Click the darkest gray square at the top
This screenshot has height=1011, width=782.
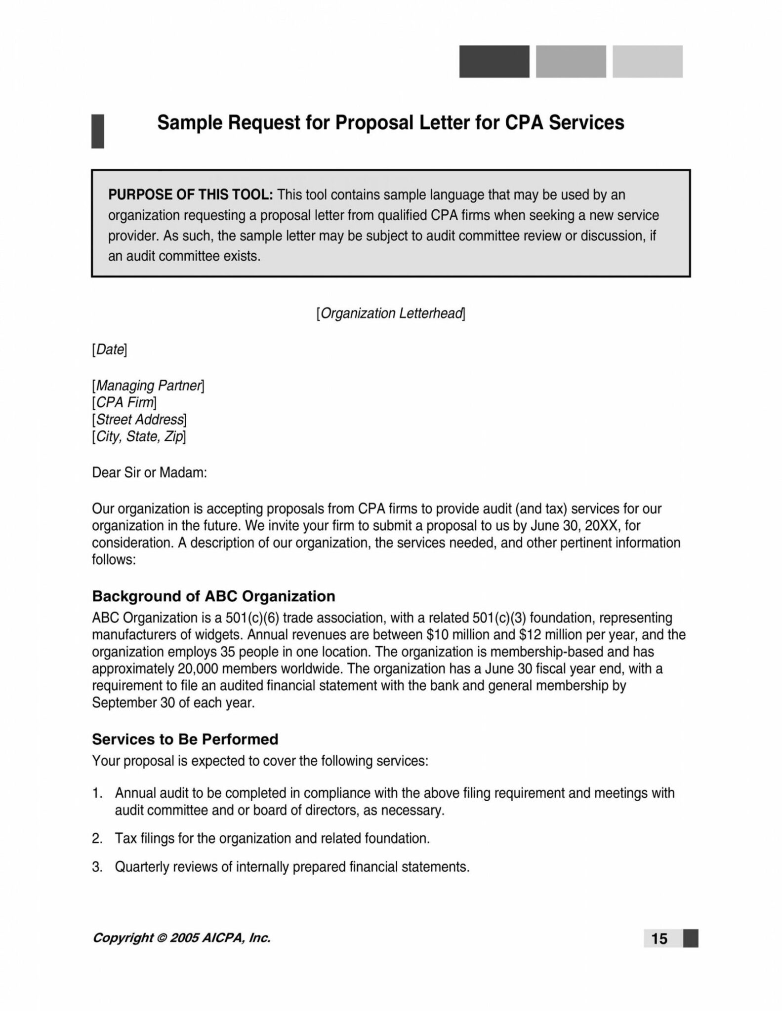pos(494,62)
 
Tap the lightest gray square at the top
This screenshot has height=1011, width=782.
pos(647,62)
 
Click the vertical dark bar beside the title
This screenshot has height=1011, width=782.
pos(98,131)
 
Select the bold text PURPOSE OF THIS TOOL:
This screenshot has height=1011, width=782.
pos(190,194)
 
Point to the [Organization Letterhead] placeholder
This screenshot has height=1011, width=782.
pos(391,313)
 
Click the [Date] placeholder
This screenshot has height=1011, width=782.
pos(110,350)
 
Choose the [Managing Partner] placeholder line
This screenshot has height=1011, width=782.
pos(148,386)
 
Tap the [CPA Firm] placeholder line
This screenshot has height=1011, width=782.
pos(124,402)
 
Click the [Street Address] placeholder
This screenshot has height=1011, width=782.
pos(140,420)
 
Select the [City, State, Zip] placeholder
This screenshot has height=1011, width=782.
pos(139,436)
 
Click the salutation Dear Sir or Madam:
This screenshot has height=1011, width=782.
pos(149,472)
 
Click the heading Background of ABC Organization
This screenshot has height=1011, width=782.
pos(213,596)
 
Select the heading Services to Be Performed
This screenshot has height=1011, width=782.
pos(185,739)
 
